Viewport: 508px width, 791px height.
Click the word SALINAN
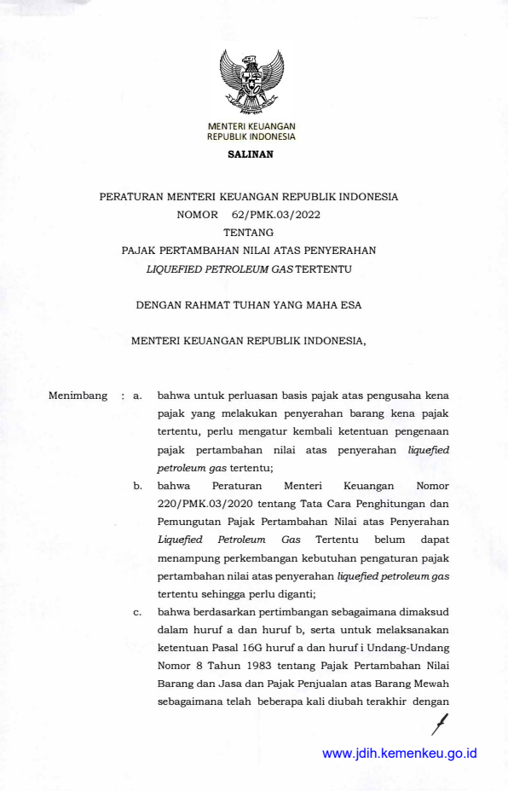pos(251,154)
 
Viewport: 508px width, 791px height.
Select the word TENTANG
pos(249,232)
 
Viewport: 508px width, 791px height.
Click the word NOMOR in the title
pos(198,214)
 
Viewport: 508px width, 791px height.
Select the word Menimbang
pos(78,395)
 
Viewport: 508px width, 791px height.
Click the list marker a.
pos(137,396)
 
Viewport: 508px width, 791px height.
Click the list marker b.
pos(137,485)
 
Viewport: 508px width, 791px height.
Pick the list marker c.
pos(137,611)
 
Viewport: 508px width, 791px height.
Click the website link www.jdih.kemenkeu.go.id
pos(399,753)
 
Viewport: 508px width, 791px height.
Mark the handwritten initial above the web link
pos(440,723)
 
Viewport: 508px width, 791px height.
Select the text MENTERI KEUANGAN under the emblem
pos(251,127)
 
